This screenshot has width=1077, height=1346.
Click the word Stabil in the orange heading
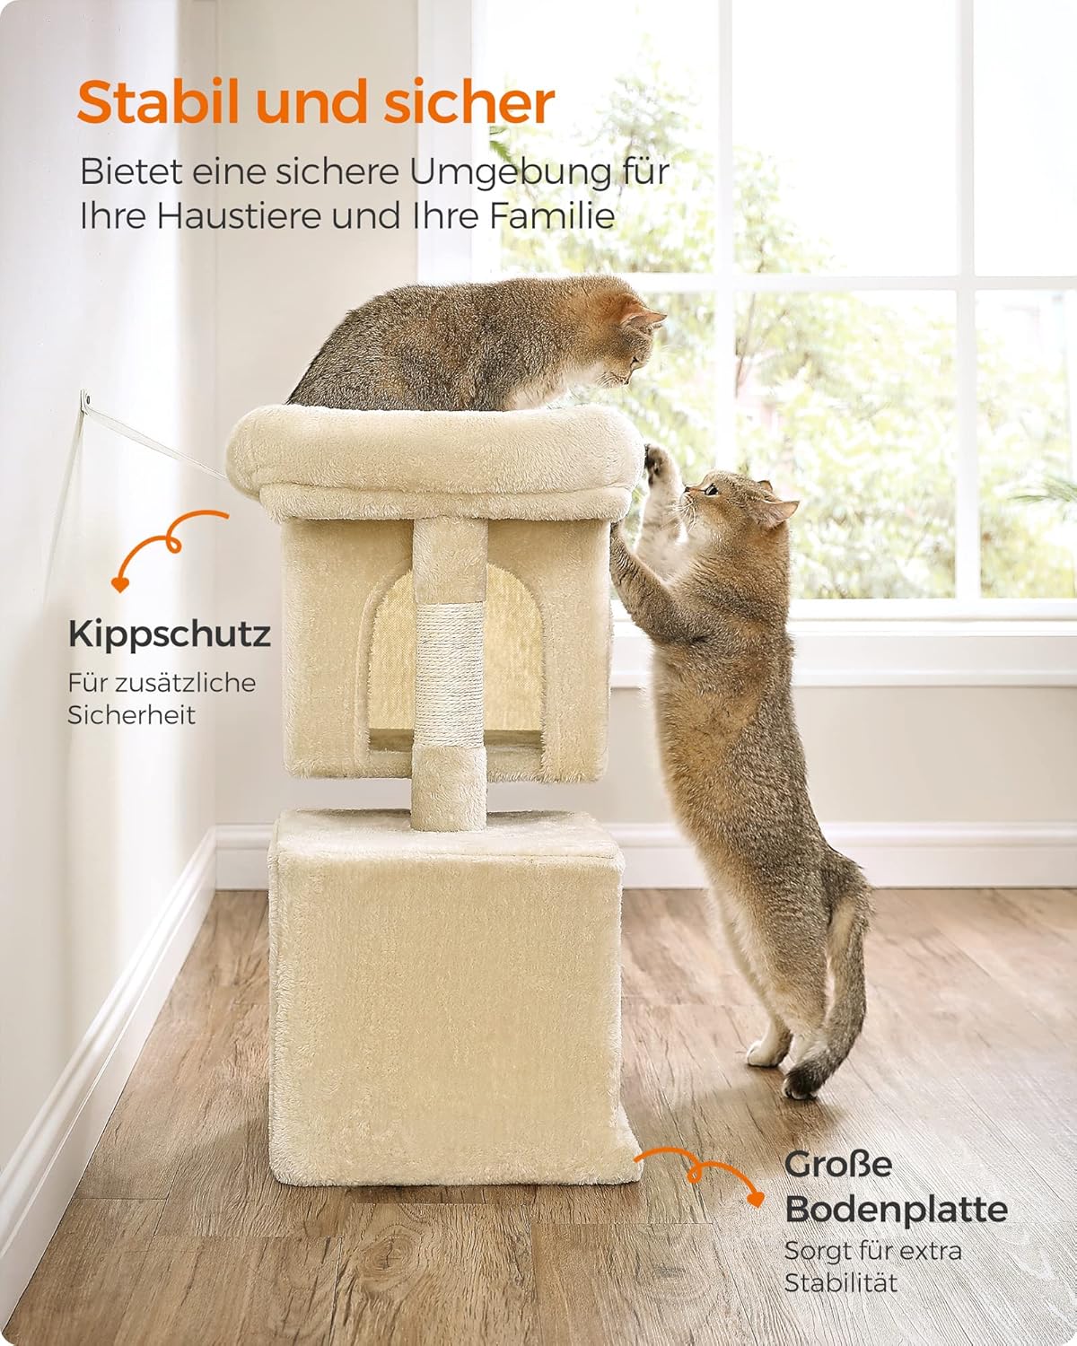pyautogui.click(x=158, y=102)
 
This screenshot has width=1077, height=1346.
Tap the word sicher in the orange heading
pyautogui.click(x=468, y=102)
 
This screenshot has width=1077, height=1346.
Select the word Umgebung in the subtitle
pyautogui.click(x=511, y=173)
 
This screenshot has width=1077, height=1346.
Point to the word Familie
pyautogui.click(x=552, y=215)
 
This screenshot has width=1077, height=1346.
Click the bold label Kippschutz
pyautogui.click(x=169, y=634)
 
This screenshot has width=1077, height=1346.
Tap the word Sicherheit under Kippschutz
pyautogui.click(x=131, y=715)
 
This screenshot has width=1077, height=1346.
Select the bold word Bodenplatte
pyautogui.click(x=896, y=1211)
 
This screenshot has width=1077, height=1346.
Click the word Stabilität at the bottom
pyautogui.click(x=840, y=1283)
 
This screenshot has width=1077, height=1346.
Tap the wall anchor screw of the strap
pyautogui.click(x=86, y=398)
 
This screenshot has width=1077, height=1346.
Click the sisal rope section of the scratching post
pyautogui.click(x=449, y=674)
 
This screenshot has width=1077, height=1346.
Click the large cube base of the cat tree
pyautogui.click(x=445, y=1001)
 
